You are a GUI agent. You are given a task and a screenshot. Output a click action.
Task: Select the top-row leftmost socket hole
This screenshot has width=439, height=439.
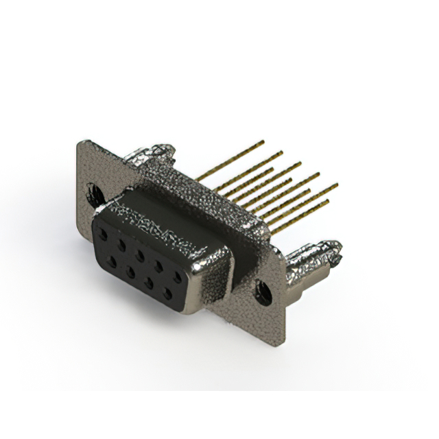104,234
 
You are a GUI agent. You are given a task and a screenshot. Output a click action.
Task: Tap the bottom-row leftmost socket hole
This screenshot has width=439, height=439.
111,261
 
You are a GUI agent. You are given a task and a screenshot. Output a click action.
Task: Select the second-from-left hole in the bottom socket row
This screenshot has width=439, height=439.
130,272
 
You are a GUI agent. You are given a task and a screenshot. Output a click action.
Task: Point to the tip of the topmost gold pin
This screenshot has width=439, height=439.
263,142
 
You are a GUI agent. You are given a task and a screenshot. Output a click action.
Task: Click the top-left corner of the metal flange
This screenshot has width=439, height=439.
81,142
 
